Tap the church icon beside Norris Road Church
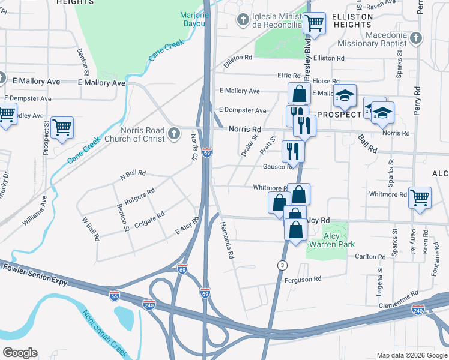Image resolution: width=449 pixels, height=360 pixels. point(174,133)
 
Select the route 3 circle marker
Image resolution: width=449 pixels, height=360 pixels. point(282,265)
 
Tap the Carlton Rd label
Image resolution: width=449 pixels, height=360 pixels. point(369,256)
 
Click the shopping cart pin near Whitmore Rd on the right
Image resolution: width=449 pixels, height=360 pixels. point(420,196)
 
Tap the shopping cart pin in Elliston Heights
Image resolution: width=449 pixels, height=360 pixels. point(314,23)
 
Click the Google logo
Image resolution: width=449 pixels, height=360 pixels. point(20,353)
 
